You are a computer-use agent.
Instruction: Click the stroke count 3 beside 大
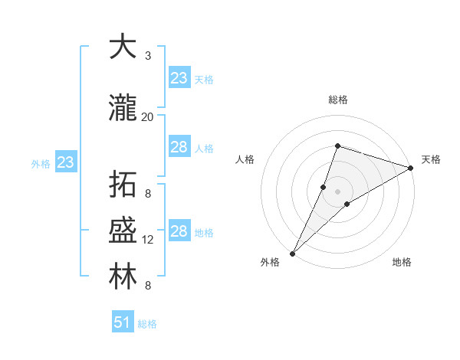click(x=148, y=56)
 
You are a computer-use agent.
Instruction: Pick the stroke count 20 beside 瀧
click(x=148, y=117)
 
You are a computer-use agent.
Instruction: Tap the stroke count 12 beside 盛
click(x=148, y=240)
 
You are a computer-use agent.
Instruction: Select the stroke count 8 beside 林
click(x=148, y=286)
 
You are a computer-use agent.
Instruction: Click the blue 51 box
click(x=123, y=322)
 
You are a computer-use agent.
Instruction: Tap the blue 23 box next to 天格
click(x=179, y=78)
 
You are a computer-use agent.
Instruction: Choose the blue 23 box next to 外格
click(x=65, y=162)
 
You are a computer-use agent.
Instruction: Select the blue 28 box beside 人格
click(x=179, y=147)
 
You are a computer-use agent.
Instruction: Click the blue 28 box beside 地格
click(x=179, y=231)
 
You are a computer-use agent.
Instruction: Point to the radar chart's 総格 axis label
click(x=338, y=100)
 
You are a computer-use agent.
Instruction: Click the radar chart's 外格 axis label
click(x=270, y=262)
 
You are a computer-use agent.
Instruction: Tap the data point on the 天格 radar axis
click(x=411, y=168)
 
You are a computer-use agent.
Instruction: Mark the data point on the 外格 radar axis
click(x=292, y=253)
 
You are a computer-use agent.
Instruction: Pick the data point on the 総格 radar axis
click(x=337, y=146)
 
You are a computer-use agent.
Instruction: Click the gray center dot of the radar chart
click(x=337, y=191)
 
